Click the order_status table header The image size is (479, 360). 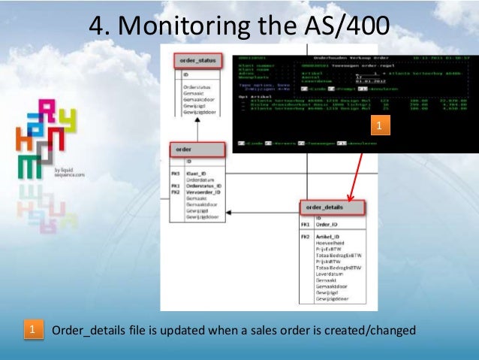coord(197,60)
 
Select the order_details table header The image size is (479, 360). coord(332,206)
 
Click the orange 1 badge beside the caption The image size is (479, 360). coord(32,331)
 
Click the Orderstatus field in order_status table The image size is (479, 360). coord(197,88)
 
